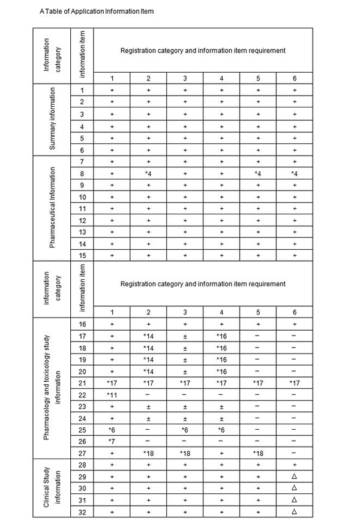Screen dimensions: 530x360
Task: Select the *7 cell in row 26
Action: click(x=112, y=441)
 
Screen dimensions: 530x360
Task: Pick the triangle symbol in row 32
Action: click(x=294, y=511)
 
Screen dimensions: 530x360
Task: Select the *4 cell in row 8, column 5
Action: click(x=258, y=173)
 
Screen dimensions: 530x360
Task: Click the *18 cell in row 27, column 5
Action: click(x=258, y=453)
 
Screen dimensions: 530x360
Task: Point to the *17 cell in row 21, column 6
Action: click(x=294, y=382)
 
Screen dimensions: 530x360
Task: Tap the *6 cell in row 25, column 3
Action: click(x=185, y=430)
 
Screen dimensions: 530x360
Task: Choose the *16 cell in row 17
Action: click(x=221, y=336)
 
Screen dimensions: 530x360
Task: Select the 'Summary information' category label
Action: click(x=52, y=119)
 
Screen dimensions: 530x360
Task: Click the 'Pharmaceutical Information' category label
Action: click(x=52, y=208)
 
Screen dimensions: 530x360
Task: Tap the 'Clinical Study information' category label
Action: click(x=52, y=487)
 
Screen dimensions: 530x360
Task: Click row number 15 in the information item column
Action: click(x=83, y=255)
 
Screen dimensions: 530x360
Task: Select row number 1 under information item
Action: click(x=83, y=90)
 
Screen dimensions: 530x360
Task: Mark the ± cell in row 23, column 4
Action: click(x=221, y=406)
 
